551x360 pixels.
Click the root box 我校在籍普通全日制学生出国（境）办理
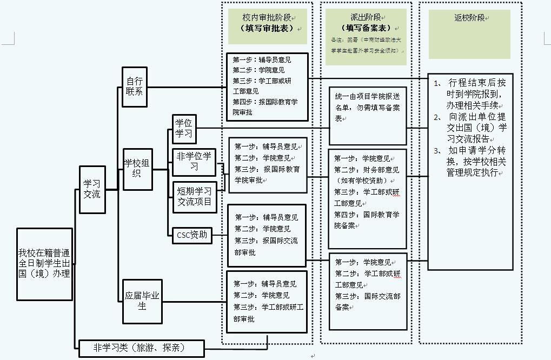pos(44,264)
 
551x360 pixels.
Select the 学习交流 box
pos(92,189)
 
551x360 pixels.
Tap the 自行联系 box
pos(135,86)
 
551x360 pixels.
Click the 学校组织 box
pos(137,169)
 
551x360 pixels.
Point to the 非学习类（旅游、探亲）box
pos(141,348)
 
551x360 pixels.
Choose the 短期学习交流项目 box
pos(195,197)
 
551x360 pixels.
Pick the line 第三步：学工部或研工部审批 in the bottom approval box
pos(268,313)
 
